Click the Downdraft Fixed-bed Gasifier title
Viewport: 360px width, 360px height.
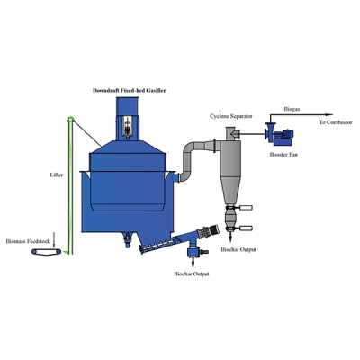[x=130, y=90]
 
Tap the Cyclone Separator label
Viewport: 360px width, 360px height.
[x=231, y=116]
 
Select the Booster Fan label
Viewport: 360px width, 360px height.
[x=283, y=155]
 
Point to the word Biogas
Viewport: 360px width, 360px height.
[x=292, y=109]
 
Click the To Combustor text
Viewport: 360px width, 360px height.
[x=336, y=122]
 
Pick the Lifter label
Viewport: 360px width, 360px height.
[x=57, y=175]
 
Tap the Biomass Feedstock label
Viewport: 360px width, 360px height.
[x=28, y=241]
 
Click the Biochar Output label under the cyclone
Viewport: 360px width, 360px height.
[x=238, y=249]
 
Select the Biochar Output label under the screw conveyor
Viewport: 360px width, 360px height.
[x=192, y=274]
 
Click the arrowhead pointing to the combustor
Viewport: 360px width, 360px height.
[x=329, y=114]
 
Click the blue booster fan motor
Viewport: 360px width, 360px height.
[x=284, y=137]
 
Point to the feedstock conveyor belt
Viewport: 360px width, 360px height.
[x=47, y=252]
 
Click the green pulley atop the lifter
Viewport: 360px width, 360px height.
[x=71, y=118]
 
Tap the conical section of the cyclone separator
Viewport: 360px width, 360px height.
[x=230, y=189]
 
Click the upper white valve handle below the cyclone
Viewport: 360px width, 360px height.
[x=246, y=208]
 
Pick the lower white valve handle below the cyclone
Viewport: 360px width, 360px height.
[x=246, y=229]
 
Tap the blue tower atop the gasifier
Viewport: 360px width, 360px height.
[x=128, y=119]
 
